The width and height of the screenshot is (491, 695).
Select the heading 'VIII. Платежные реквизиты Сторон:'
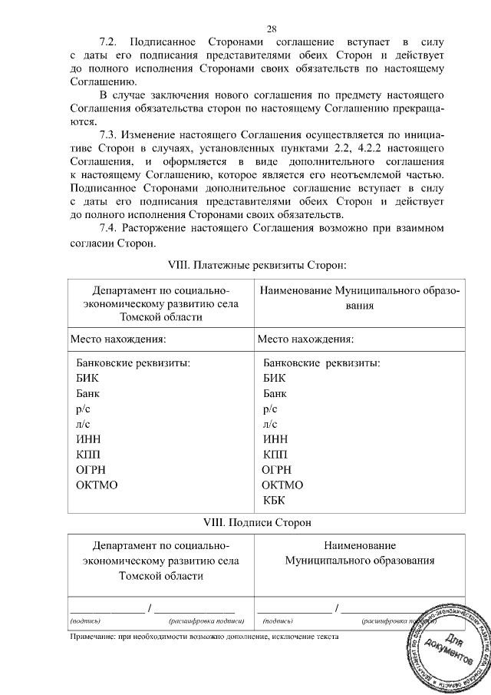coord(257,265)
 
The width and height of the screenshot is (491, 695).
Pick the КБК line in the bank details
coord(274,501)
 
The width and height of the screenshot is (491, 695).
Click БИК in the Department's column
coord(88,378)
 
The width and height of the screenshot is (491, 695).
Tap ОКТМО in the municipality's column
coord(282,485)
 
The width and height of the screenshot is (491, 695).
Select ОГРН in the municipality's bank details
coord(279,470)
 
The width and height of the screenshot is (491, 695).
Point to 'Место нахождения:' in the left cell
coord(118,338)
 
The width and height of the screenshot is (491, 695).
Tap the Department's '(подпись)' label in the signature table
coord(86,619)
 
